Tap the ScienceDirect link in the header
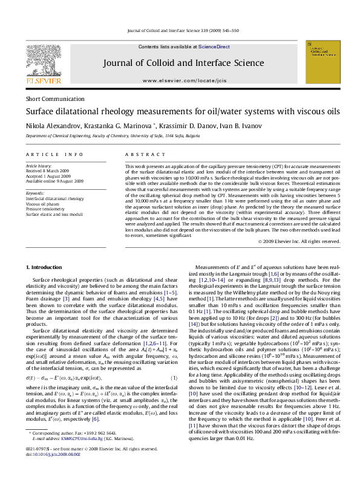[214, 47]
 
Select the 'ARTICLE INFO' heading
[54, 155]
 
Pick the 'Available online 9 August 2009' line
[54, 181]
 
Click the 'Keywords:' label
[35, 193]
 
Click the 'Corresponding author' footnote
[69, 450]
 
